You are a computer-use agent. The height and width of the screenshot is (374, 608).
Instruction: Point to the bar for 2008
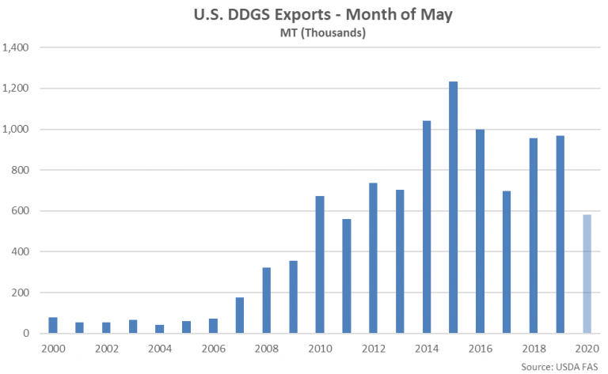point(267,300)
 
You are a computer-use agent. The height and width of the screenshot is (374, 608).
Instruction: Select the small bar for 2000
point(53,325)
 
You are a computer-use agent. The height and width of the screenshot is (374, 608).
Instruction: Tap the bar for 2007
point(240,315)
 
